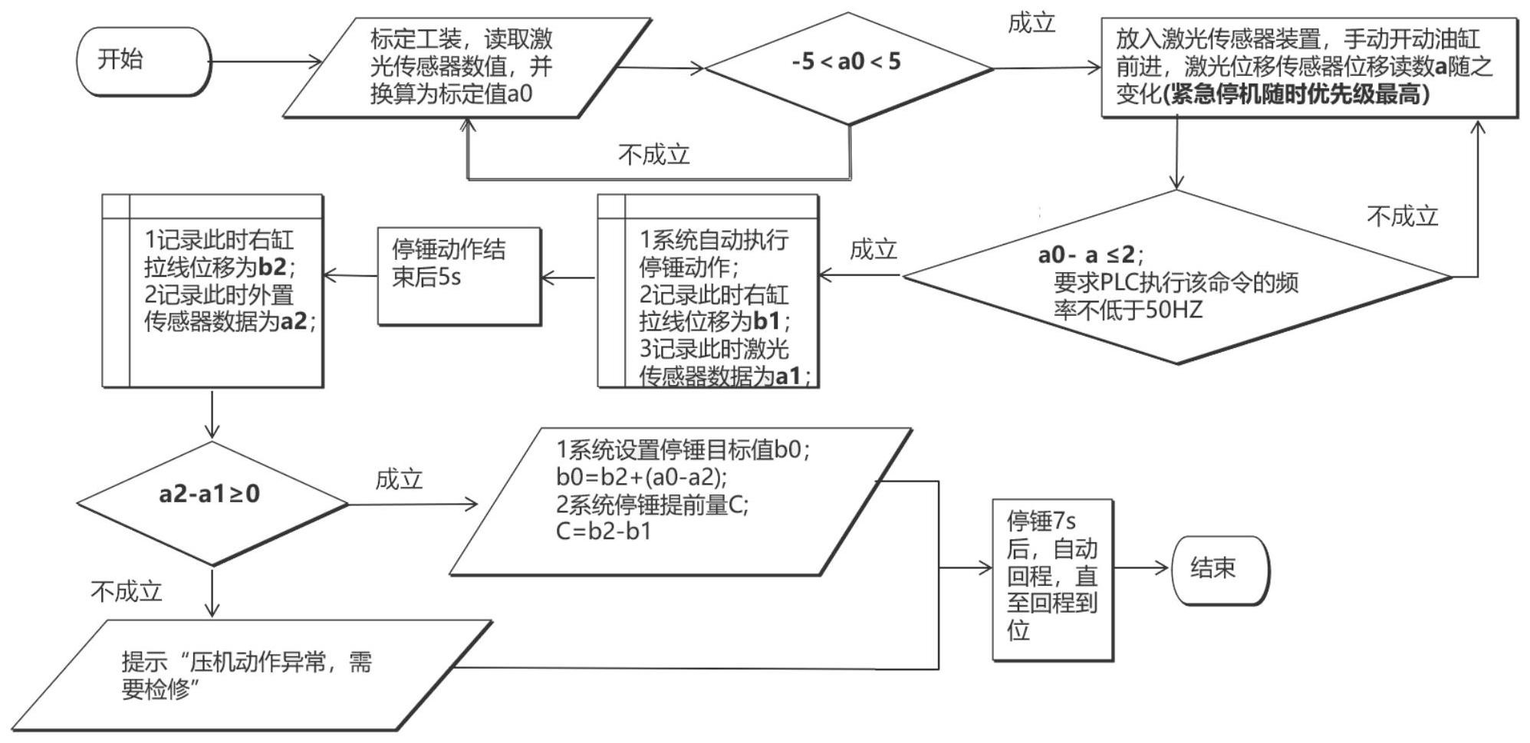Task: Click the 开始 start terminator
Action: (143, 61)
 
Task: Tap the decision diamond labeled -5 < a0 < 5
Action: (848, 68)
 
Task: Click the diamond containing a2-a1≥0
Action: (212, 503)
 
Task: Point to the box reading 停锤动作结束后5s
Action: (459, 276)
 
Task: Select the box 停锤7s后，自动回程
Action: (1052, 580)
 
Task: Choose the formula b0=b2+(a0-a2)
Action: (641, 477)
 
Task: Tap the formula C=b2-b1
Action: (604, 531)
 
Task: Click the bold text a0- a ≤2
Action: (1091, 255)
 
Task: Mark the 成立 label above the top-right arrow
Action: (1032, 23)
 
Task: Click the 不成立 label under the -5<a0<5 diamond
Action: (654, 156)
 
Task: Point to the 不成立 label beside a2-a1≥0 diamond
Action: (127, 591)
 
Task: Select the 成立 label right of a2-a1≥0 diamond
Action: (399, 480)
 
